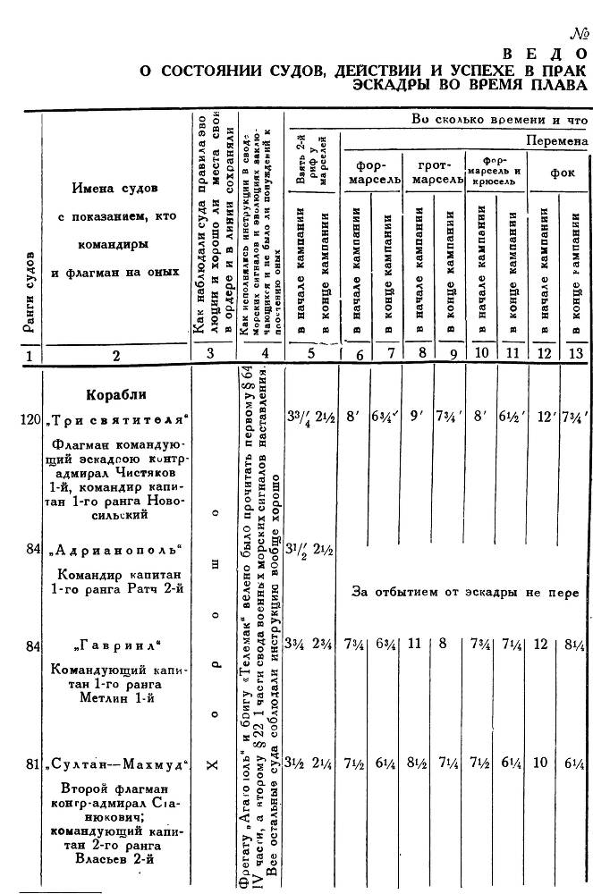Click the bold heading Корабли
(116, 394)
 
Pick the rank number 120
(31, 419)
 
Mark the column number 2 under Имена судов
(116, 355)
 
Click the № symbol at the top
(580, 36)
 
